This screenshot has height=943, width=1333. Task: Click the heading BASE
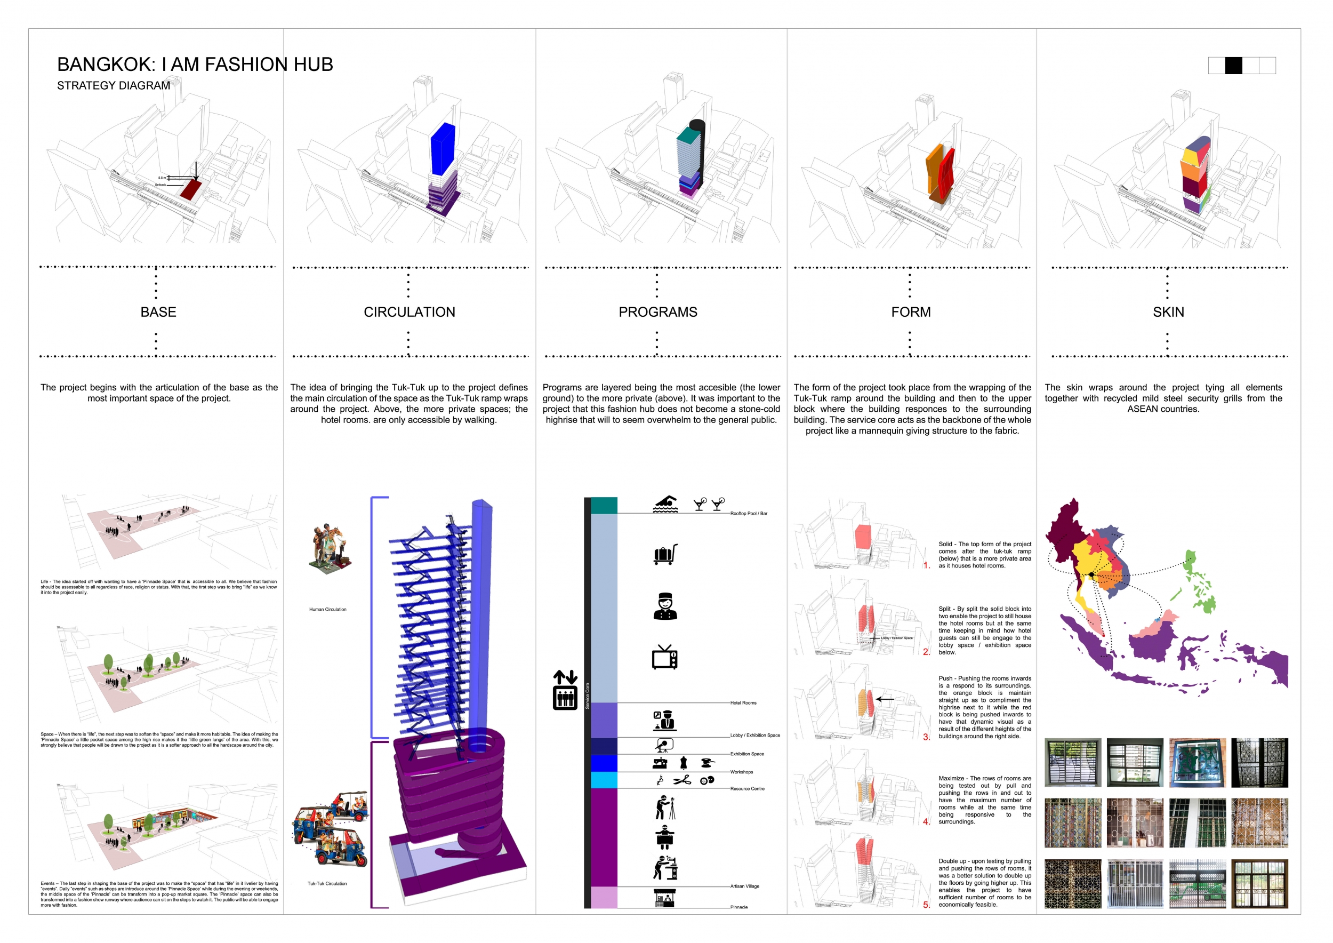coord(158,312)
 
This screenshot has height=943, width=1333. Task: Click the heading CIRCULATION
coord(409,312)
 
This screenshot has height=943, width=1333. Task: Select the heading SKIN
coord(1168,312)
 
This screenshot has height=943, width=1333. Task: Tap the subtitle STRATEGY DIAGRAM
coord(113,85)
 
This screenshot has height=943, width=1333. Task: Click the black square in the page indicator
coord(1233,66)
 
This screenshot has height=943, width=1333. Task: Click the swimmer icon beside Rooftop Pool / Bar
coord(665,504)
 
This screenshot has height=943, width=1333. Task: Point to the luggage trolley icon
coord(665,555)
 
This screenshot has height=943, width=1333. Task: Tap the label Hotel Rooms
coord(743,702)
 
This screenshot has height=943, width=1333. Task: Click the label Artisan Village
coord(744,886)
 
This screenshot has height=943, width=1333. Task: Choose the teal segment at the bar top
coord(604,505)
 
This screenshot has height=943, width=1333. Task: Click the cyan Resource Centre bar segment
coord(604,780)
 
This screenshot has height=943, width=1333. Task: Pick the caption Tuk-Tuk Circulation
coord(327,883)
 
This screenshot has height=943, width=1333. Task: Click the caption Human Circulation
coord(327,609)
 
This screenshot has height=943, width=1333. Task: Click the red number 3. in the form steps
coord(927,737)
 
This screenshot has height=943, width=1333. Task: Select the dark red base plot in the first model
coord(190,189)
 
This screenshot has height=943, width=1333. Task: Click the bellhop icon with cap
coord(665,606)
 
